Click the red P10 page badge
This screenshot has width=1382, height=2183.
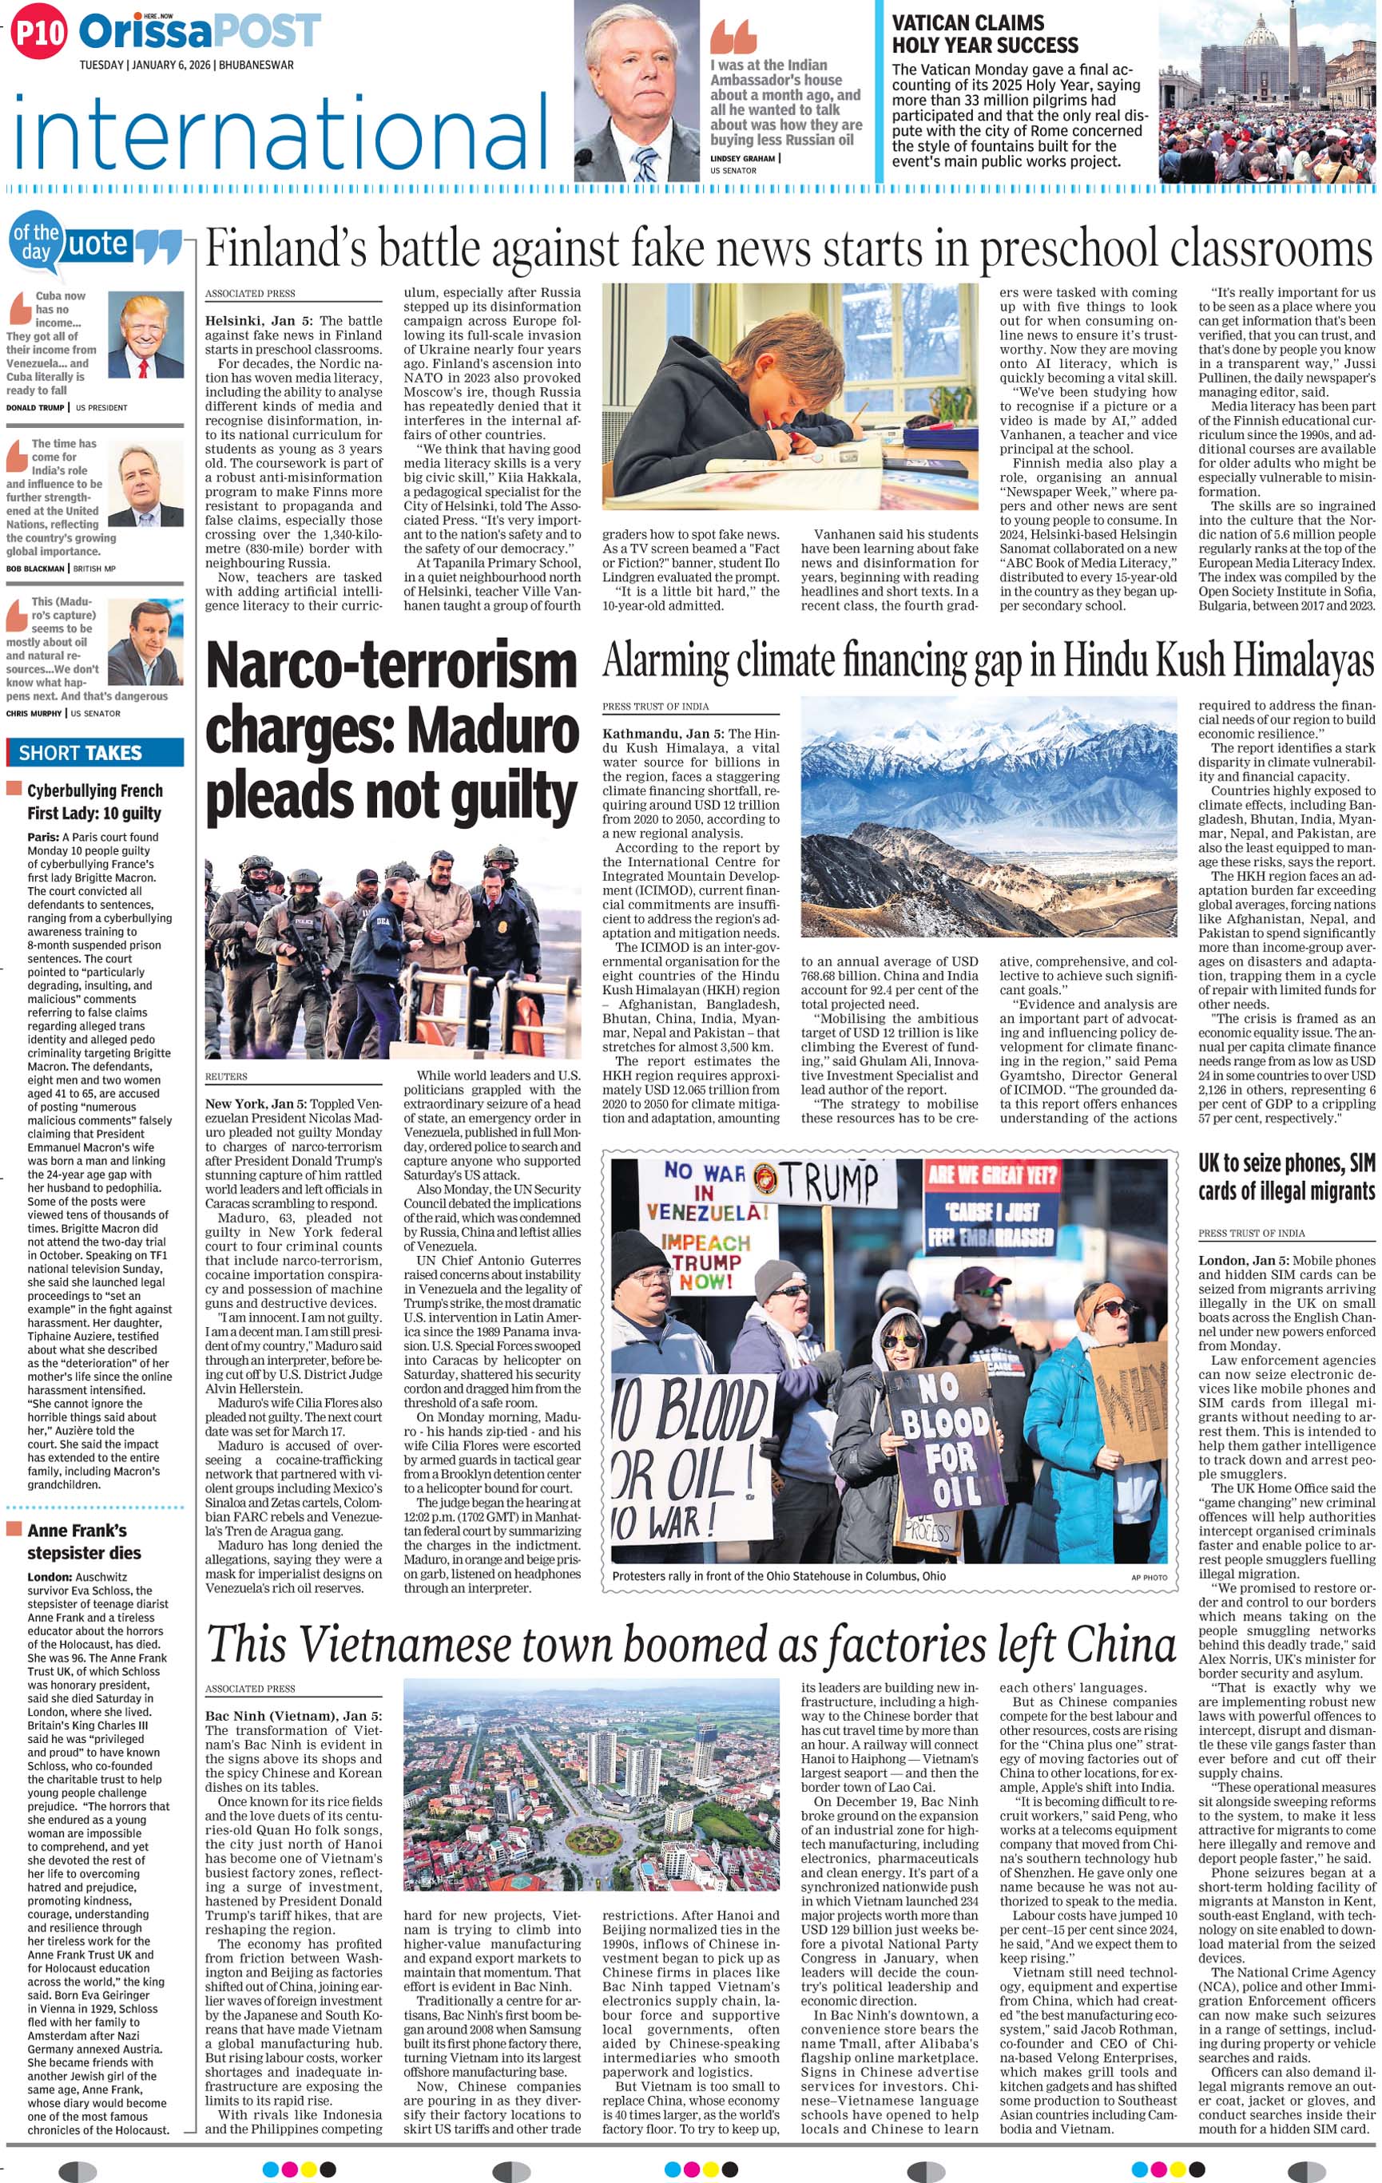click(38, 34)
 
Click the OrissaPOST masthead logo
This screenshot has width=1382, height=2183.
click(200, 32)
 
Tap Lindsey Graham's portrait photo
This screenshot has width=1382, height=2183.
click(637, 92)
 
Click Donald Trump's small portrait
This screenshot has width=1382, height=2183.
click(145, 335)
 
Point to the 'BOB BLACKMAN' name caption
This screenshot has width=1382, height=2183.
click(35, 569)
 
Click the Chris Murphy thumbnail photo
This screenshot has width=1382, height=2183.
click(145, 644)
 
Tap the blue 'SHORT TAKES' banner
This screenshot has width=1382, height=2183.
click(95, 752)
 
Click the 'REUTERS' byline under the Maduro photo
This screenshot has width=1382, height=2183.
click(226, 1076)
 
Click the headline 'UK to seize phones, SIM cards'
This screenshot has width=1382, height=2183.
click(1286, 1177)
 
